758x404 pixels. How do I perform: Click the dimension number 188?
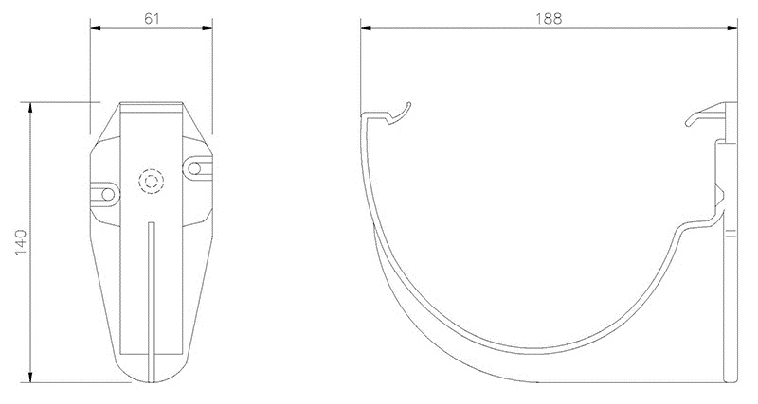[x=548, y=17]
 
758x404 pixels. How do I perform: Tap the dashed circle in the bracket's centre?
[x=151, y=181]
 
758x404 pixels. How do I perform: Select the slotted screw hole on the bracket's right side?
[x=196, y=167]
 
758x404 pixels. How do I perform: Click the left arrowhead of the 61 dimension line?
[x=95, y=28]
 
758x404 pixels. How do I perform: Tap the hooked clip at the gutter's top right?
[x=701, y=118]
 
